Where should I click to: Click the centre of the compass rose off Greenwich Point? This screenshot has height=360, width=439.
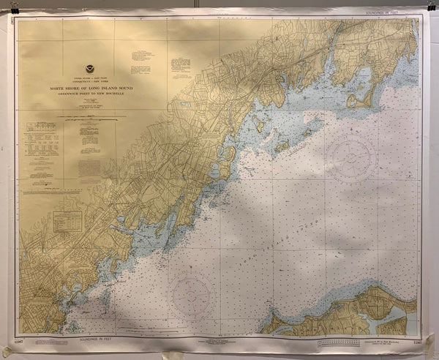click(x=352, y=155)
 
